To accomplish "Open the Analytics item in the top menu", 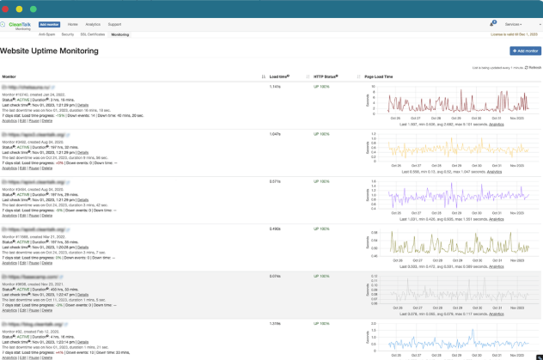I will (92, 25).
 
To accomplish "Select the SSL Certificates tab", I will (92, 34).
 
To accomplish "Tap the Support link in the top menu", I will (114, 25).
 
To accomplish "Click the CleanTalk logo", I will (16, 25).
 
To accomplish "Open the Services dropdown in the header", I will (516, 25).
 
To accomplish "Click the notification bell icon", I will (492, 24).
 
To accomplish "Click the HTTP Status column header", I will (326, 76).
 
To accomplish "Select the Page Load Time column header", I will (378, 76).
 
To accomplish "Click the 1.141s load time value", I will (275, 87).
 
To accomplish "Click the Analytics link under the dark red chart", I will (497, 124).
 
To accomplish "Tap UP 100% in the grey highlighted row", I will (321, 276).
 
